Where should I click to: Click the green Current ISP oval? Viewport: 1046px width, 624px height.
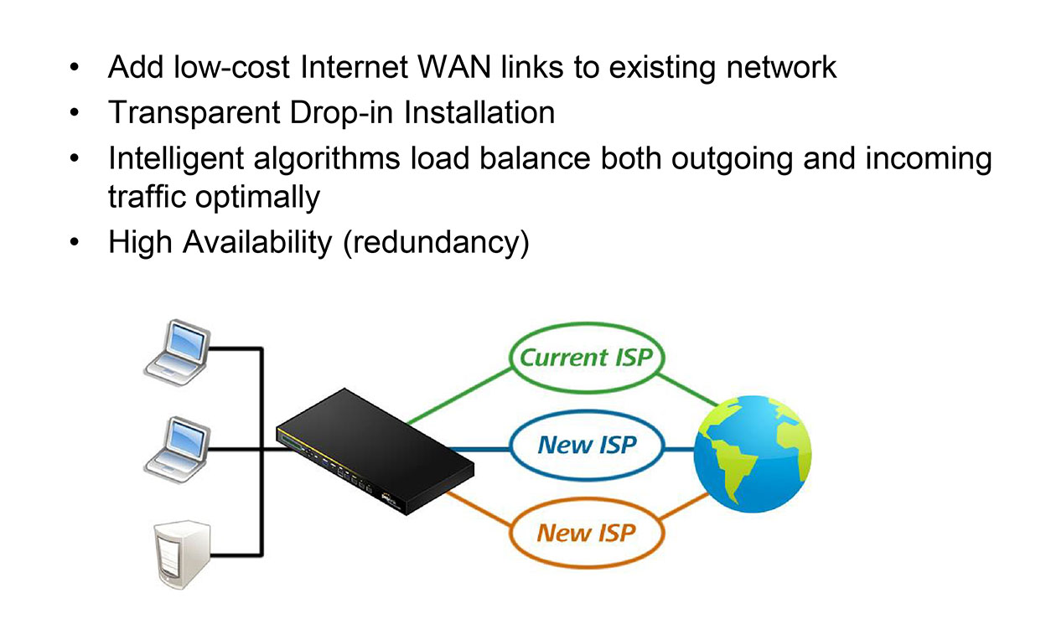(x=585, y=357)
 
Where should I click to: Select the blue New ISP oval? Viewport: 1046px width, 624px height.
(x=587, y=444)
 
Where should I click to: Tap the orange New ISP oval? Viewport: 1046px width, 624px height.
(x=585, y=532)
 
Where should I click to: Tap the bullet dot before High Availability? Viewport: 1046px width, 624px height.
(x=76, y=243)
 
